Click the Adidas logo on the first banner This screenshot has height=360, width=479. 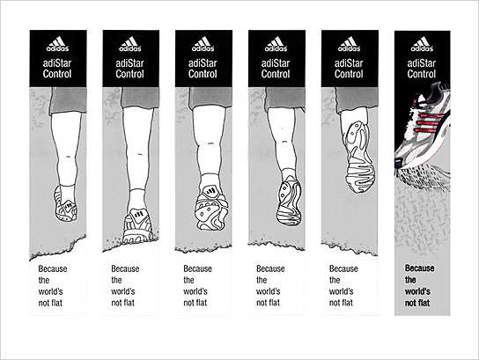(57, 44)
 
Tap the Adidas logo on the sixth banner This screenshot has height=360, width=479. (422, 44)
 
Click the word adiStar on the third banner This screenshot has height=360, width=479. (203, 63)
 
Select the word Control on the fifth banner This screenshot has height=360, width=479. (349, 74)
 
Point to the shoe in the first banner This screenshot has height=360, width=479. (65, 204)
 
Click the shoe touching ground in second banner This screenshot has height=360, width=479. (137, 226)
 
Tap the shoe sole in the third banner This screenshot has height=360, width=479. (211, 208)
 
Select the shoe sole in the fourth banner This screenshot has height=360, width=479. (289, 202)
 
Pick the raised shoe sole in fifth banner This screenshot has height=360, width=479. (359, 158)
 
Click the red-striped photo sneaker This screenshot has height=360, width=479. (424, 125)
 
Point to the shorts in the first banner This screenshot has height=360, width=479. (68, 100)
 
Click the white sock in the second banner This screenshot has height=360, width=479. (136, 200)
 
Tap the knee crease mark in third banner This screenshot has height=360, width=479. (210, 143)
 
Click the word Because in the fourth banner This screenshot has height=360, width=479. (270, 268)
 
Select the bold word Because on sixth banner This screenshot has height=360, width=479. (419, 268)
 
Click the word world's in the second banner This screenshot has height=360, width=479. (122, 291)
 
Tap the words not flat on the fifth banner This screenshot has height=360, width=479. (341, 303)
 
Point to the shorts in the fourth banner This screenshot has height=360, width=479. (284, 99)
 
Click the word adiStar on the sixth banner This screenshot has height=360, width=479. (421, 63)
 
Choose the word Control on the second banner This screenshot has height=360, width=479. (129, 74)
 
